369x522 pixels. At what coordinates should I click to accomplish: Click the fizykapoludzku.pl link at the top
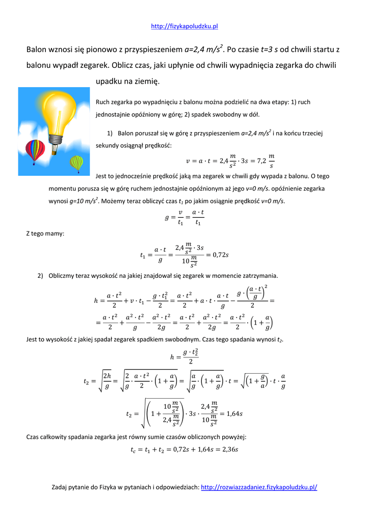(184, 27)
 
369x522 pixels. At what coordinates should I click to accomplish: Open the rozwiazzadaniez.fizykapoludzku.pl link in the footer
(259, 487)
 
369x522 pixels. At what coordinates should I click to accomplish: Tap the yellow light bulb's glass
(60, 110)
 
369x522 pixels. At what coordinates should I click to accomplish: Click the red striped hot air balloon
(35, 149)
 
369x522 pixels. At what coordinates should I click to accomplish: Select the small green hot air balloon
(76, 163)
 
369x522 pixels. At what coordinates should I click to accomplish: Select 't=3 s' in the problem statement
(269, 49)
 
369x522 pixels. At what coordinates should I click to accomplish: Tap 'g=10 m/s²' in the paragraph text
(84, 201)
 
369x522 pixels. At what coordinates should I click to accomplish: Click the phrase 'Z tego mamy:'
(45, 233)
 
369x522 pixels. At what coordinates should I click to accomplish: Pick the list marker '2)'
(41, 276)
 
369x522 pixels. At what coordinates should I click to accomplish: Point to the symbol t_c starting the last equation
(134, 450)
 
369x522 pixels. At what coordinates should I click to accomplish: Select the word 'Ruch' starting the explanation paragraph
(102, 102)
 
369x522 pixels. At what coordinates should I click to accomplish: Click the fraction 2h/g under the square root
(106, 380)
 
